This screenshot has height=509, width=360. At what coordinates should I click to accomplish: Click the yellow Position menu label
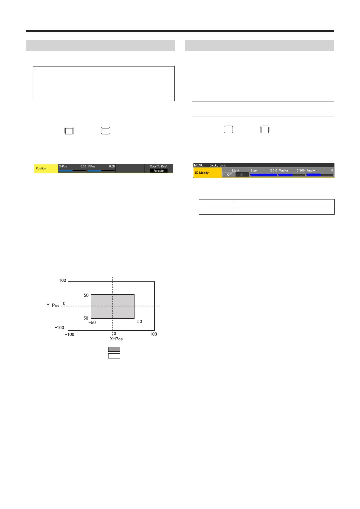pyautogui.click(x=41, y=168)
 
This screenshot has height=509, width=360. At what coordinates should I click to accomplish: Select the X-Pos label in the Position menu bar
pyautogui.click(x=63, y=166)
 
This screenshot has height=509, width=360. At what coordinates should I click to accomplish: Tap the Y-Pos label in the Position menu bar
pyautogui.click(x=92, y=166)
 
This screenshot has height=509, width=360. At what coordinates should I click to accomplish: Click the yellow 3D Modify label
pyautogui.click(x=201, y=173)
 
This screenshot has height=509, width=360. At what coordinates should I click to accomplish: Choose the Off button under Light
pyautogui.click(x=229, y=174)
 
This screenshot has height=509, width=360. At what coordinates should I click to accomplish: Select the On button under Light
pyautogui.click(x=242, y=174)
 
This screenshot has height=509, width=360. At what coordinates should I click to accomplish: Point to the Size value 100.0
pyautogui.click(x=273, y=170)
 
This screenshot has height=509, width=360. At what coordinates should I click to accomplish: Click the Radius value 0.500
pyautogui.click(x=300, y=170)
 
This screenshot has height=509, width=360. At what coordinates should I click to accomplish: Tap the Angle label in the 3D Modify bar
pyautogui.click(x=311, y=170)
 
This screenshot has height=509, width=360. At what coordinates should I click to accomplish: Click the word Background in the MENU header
pyautogui.click(x=218, y=165)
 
